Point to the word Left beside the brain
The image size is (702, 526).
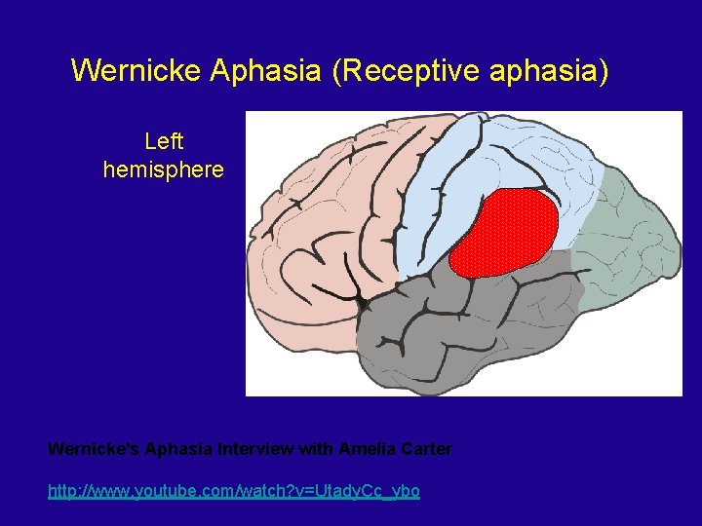(163, 141)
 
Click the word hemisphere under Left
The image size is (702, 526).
(163, 169)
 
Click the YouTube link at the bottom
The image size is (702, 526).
(234, 491)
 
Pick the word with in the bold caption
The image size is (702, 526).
(317, 449)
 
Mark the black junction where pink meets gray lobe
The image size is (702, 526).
(365, 304)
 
